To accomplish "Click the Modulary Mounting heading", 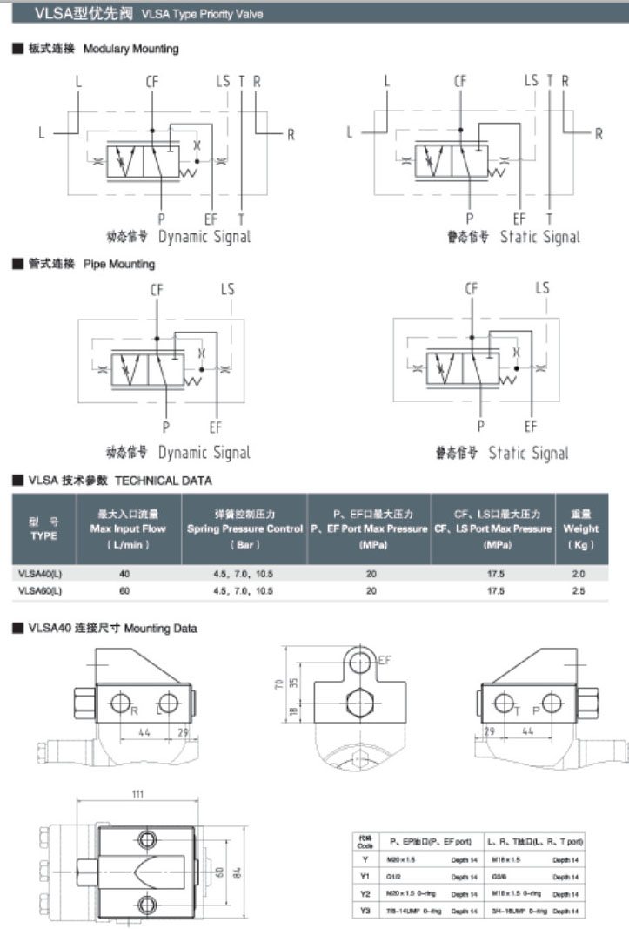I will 130,49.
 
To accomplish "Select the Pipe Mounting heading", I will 118,264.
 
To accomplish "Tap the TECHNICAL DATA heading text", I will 163,480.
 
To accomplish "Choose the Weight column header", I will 580,528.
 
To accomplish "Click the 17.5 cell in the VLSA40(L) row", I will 495,574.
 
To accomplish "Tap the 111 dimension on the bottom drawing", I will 137,795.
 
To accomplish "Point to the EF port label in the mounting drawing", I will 385,661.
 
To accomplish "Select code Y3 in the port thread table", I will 365,911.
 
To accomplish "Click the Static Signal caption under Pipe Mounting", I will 526,453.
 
